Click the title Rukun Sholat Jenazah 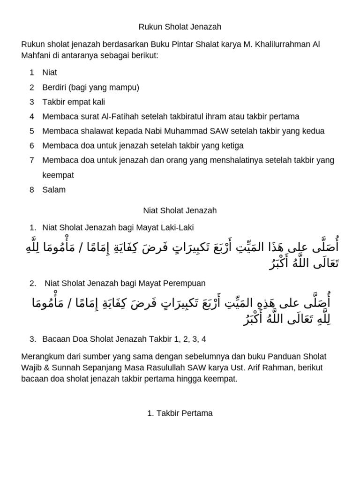coord(180,27)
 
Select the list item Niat coord(50,73)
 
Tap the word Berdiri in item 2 coord(55,87)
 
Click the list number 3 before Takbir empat coord(31,102)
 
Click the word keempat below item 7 coord(58,175)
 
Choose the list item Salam coord(54,190)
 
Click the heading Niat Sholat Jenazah coord(180,210)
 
